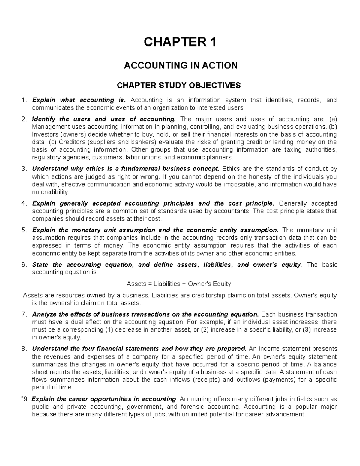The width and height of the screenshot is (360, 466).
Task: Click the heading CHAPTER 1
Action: click(x=180, y=42)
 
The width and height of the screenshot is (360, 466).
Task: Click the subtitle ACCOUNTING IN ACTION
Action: click(x=181, y=65)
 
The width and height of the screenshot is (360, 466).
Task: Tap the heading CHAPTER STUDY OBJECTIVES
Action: click(x=178, y=86)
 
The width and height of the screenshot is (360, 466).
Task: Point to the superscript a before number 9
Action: click(x=23, y=398)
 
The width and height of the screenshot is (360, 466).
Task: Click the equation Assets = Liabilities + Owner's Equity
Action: click(x=179, y=284)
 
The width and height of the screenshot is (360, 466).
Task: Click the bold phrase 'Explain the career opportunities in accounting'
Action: click(x=104, y=399)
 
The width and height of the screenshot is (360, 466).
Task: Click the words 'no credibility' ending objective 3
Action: click(x=50, y=192)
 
